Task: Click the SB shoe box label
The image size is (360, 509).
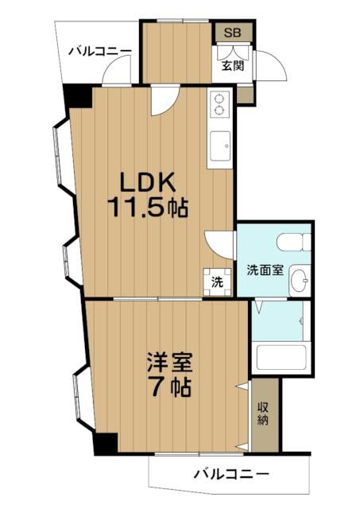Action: (233, 33)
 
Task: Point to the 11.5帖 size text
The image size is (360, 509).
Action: (148, 208)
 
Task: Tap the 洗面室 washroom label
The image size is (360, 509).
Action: (263, 269)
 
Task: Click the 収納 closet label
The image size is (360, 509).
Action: (262, 414)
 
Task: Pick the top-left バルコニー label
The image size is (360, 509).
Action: (99, 52)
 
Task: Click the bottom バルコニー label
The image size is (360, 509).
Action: (231, 476)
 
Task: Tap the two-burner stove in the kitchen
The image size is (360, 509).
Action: (219, 102)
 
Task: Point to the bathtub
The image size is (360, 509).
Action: (282, 359)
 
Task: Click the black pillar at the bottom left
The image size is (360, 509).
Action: (105, 444)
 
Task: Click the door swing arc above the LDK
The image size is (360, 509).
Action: (163, 99)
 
